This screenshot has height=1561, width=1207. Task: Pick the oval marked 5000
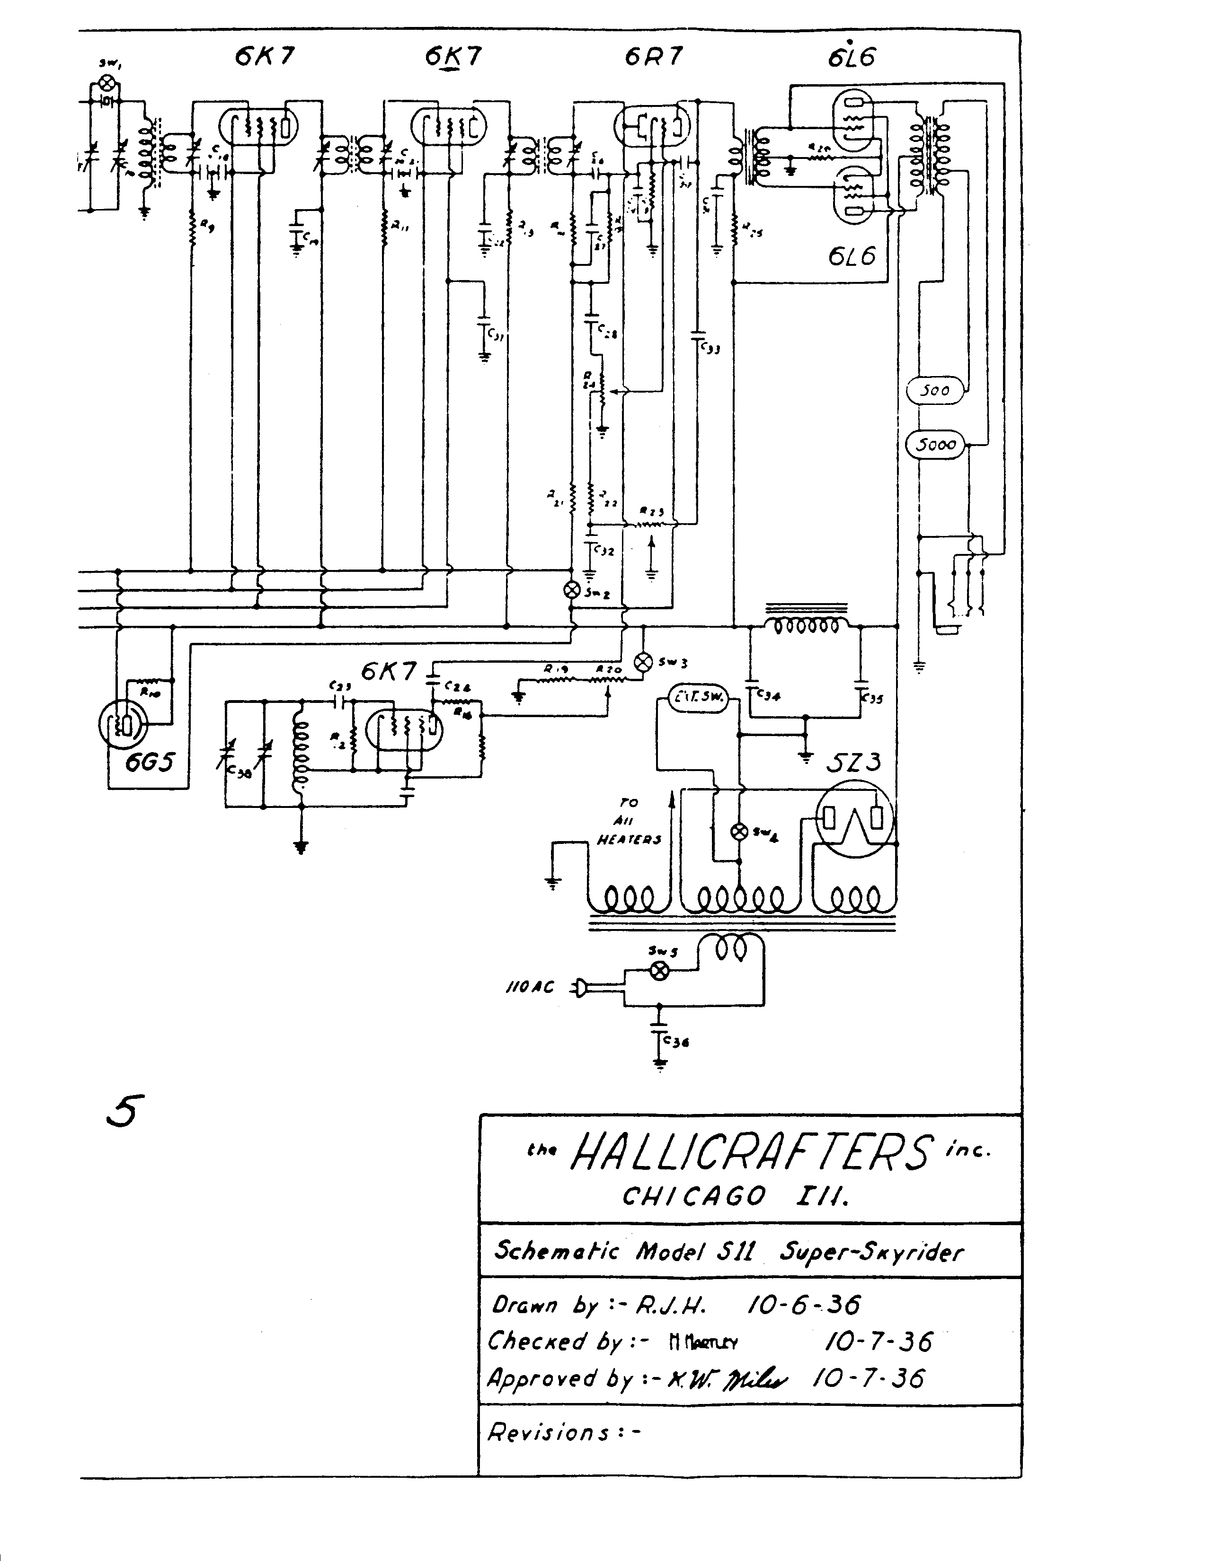pos(935,445)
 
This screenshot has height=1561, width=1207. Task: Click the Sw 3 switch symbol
pos(644,662)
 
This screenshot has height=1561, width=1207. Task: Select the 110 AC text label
pos(530,988)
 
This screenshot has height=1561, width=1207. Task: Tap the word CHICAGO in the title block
pos(693,1196)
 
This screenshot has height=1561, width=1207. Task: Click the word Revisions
pos(549,1432)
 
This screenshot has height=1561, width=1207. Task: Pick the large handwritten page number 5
pos(125,1112)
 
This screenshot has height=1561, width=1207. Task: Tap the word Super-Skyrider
pos(870,1252)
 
